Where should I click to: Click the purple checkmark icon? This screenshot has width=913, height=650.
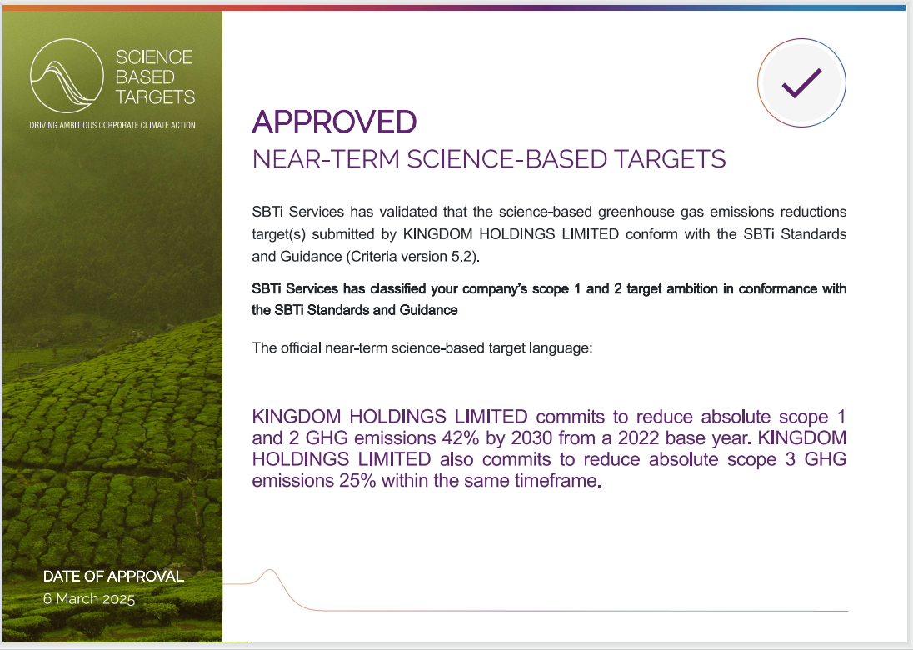pyautogui.click(x=801, y=82)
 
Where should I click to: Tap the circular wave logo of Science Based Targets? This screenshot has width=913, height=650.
pyautogui.click(x=67, y=76)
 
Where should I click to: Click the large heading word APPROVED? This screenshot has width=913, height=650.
pyautogui.click(x=334, y=122)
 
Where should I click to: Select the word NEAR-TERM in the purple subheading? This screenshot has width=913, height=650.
pyautogui.click(x=326, y=159)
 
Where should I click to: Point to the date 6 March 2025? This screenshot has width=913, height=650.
pyautogui.click(x=89, y=598)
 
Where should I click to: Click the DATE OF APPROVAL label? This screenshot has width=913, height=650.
pyautogui.click(x=113, y=577)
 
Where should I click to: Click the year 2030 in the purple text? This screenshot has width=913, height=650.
pyautogui.click(x=529, y=438)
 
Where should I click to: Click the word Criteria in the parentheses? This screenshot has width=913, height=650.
pyautogui.click(x=373, y=257)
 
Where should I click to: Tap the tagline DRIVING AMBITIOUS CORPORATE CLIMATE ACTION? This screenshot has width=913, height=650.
pyautogui.click(x=112, y=125)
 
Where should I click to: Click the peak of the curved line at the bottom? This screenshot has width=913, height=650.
pyautogui.click(x=270, y=570)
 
